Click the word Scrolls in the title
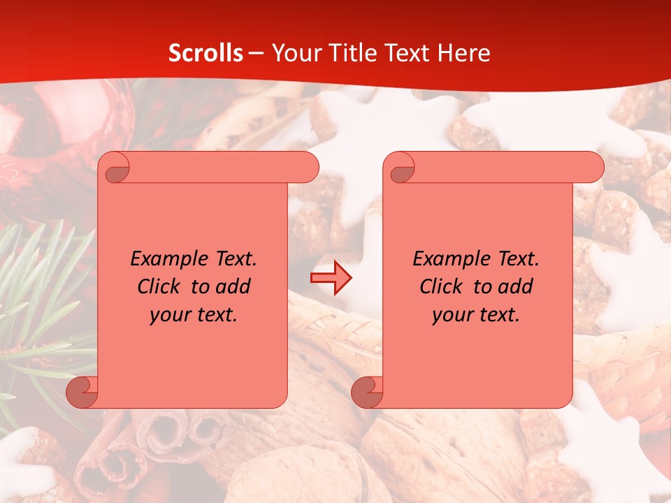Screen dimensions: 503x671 point(205,53)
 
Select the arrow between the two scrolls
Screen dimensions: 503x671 point(331,278)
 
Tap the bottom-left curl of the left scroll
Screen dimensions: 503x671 point(82,392)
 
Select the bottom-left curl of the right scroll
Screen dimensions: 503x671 point(368,392)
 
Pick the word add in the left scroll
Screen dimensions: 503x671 point(233,286)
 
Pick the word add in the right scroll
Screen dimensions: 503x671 point(515,286)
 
